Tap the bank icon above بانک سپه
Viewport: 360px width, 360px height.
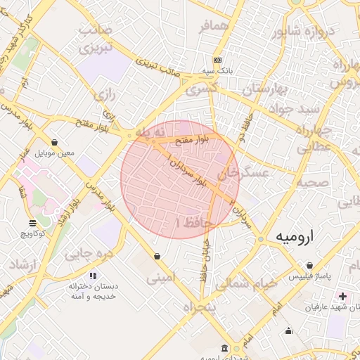click(217, 60)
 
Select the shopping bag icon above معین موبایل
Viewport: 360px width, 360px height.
click(54, 143)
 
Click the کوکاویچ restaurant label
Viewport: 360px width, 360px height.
click(33, 233)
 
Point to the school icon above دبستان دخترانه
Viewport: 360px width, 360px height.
click(93, 276)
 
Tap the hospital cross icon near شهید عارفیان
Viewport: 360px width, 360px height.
click(342, 297)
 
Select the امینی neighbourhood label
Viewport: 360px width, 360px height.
click(158, 278)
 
